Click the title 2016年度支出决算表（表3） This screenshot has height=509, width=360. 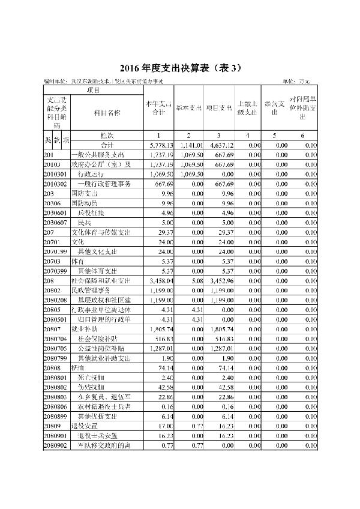179,67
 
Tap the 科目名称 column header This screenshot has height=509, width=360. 107,112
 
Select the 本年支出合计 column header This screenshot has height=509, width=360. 158,108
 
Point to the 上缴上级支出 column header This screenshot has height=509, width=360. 247,108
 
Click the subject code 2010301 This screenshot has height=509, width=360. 56,174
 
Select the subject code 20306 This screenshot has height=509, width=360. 52,203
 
